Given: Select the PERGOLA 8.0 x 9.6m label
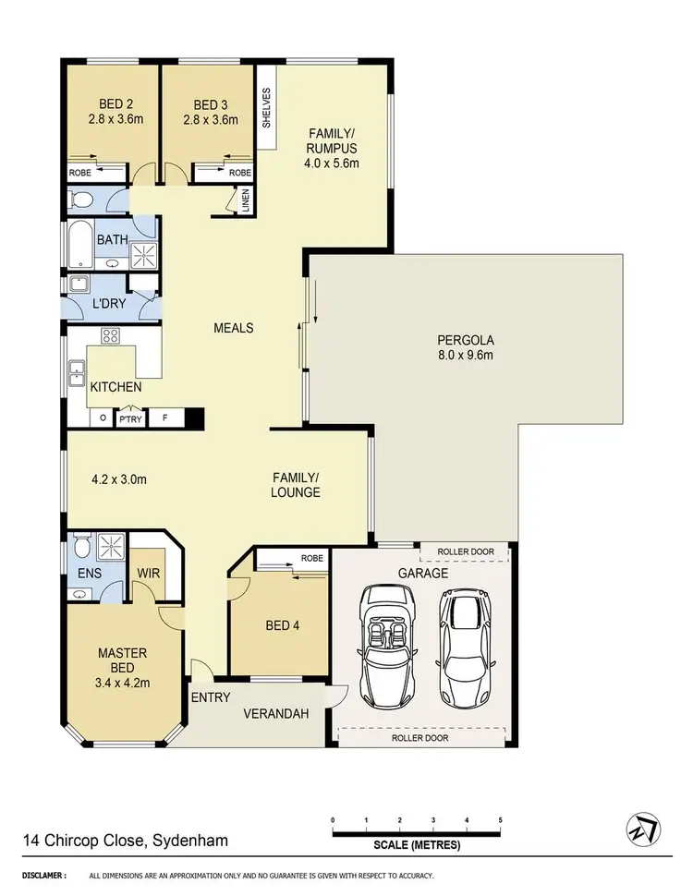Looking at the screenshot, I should (x=467, y=346).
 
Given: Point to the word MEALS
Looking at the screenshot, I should (x=233, y=328).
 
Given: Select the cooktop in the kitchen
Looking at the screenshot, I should (x=112, y=335).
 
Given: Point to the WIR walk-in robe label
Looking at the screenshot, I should (x=149, y=575).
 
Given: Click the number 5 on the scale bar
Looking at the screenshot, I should (x=500, y=820).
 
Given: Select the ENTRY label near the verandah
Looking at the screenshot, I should (x=210, y=697).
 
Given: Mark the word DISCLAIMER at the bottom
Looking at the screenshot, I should (x=43, y=875).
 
